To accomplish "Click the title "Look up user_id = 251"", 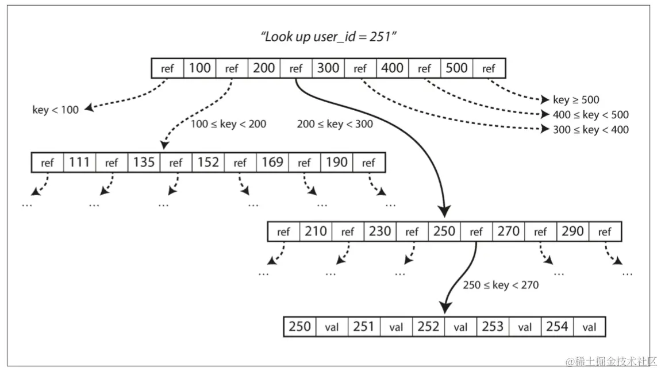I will pyautogui.click(x=330, y=38).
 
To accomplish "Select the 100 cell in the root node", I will pyautogui.click(x=199, y=68).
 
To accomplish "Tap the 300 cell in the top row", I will pyautogui.click(x=328, y=68).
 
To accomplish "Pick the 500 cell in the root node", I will pyautogui.click(x=457, y=68).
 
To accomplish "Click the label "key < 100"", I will pyautogui.click(x=55, y=110).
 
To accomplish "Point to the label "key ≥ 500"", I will pyautogui.click(x=576, y=100).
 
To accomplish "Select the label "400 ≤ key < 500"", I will pyautogui.click(x=591, y=115).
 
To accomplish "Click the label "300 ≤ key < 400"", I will pyautogui.click(x=591, y=130).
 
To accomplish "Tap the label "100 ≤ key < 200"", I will pyautogui.click(x=228, y=124).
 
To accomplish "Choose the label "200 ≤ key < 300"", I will pyautogui.click(x=335, y=124).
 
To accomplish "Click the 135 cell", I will pyautogui.click(x=144, y=163).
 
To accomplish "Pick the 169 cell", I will pyautogui.click(x=272, y=163).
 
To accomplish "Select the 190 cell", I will pyautogui.click(x=337, y=163).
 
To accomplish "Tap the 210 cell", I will pyautogui.click(x=316, y=231).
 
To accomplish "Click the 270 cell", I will pyautogui.click(x=509, y=231).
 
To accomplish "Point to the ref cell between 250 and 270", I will pyautogui.click(x=476, y=232).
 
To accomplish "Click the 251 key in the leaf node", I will pyautogui.click(x=364, y=327).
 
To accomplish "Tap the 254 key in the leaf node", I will pyautogui.click(x=557, y=327).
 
